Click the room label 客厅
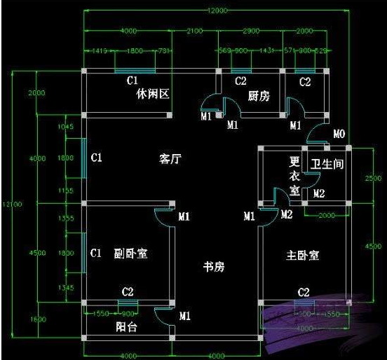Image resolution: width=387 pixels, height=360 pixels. click(170, 159)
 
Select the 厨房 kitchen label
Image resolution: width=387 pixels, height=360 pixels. click(259, 96)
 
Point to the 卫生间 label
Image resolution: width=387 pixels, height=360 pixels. click(327, 165)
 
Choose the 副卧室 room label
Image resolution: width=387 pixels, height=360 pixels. click(130, 252)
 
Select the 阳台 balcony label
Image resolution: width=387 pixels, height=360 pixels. click(125, 327)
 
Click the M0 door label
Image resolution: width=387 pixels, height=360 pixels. click(339, 134)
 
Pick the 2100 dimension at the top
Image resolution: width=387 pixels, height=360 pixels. click(196, 32)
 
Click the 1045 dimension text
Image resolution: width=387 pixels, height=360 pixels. click(65, 127)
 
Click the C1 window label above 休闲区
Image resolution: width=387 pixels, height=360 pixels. click(132, 81)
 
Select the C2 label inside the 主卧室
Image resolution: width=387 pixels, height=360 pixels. click(304, 292)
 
